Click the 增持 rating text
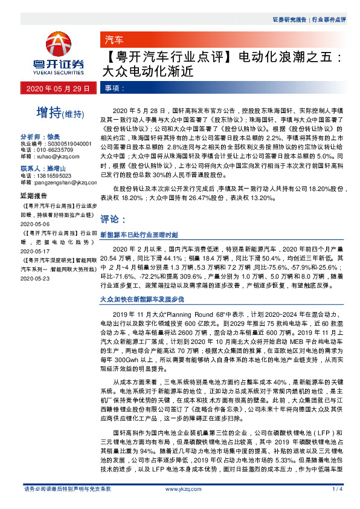(50, 112)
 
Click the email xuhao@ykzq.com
(57, 155)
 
